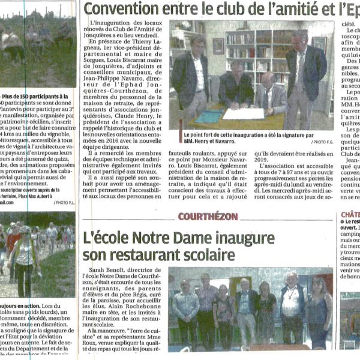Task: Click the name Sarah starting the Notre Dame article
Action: (x=98, y=271)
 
